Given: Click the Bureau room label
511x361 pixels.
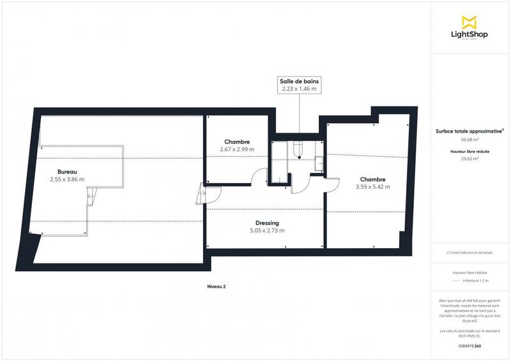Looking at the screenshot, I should point(67,172).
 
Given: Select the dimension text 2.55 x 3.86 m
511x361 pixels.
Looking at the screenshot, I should point(67,180).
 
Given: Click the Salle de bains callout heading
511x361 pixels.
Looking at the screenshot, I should point(299,81).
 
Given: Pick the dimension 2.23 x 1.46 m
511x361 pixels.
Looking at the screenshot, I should point(299,89).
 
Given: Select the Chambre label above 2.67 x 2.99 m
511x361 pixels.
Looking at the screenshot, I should point(236,142).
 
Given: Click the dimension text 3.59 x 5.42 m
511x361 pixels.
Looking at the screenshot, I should point(372,187).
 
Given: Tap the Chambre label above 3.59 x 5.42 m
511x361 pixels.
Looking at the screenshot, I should point(372,179).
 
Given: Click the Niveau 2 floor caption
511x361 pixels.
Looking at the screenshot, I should point(217,286).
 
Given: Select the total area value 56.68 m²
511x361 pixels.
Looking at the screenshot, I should point(470,138).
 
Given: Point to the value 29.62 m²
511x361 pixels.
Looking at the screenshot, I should point(470,159).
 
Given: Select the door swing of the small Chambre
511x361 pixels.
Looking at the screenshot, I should point(259,177).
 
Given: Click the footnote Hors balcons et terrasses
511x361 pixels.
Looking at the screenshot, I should point(470,253).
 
